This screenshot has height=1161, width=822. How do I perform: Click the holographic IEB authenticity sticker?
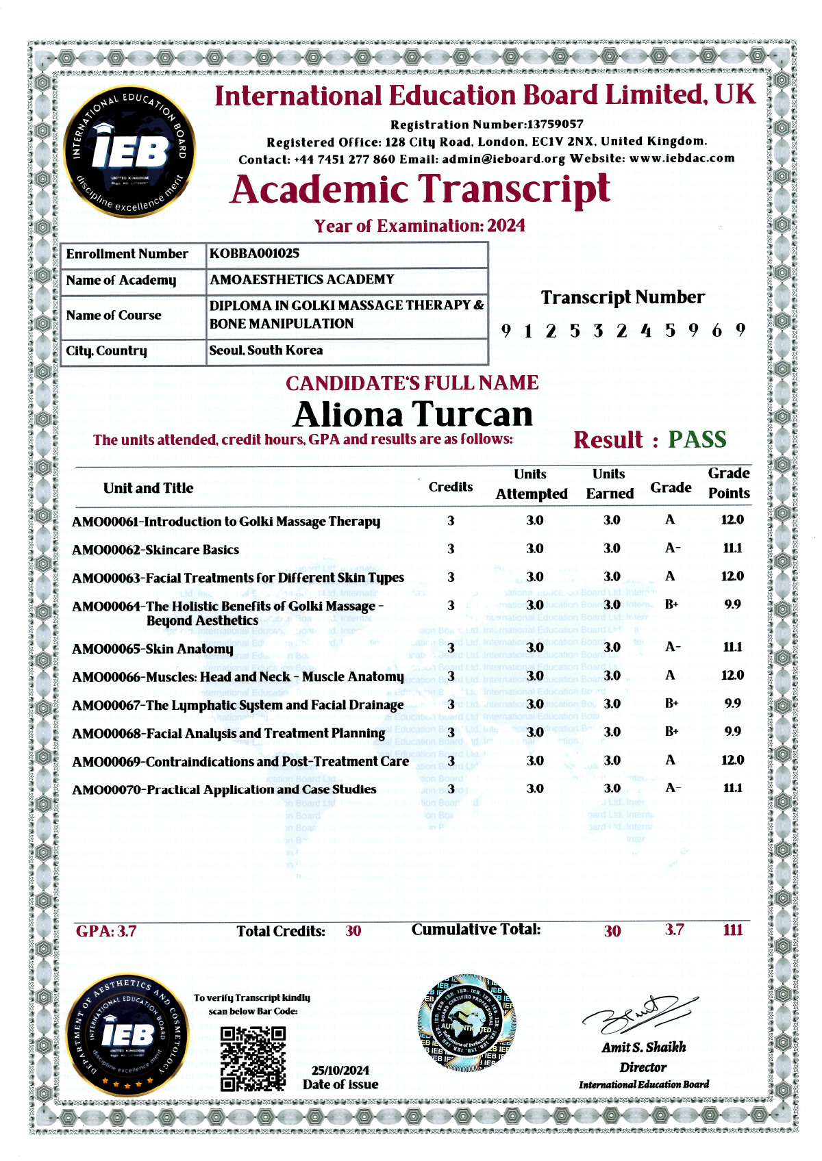click(467, 1023)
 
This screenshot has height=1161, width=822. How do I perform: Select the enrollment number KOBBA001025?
click(254, 253)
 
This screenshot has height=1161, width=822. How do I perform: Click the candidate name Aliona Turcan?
click(413, 414)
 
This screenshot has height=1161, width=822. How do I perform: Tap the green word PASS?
click(697, 439)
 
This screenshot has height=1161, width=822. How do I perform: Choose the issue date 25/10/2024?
click(340, 1070)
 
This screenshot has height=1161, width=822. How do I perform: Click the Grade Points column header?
click(729, 483)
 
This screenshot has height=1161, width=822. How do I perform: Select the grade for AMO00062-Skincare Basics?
click(673, 548)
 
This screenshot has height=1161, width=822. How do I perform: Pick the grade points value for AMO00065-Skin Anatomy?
click(732, 647)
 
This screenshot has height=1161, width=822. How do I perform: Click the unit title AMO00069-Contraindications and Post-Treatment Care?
click(240, 761)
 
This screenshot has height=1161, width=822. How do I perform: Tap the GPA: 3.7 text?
click(106, 931)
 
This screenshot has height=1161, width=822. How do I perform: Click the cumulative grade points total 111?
click(733, 930)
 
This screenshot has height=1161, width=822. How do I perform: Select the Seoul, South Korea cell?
click(266, 350)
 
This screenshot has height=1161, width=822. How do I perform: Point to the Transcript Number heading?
click(623, 297)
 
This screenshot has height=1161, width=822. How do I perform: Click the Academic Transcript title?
click(420, 190)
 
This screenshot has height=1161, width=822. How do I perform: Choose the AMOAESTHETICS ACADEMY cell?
click(302, 279)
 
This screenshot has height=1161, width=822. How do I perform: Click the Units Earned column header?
click(609, 483)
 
